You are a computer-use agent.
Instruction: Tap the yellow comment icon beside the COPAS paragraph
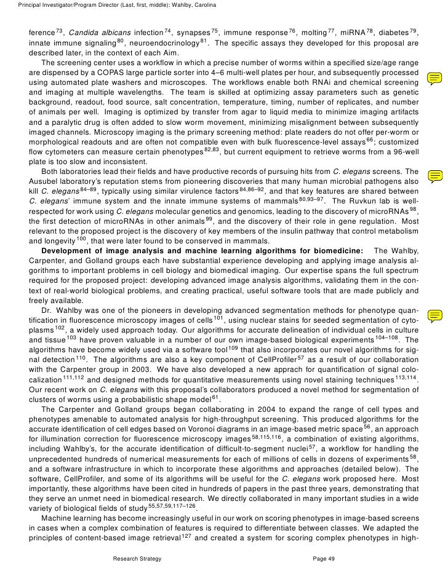(x=434, y=78)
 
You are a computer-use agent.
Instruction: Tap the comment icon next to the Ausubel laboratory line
(x=434, y=176)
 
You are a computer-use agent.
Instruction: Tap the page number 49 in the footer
(x=329, y=557)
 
